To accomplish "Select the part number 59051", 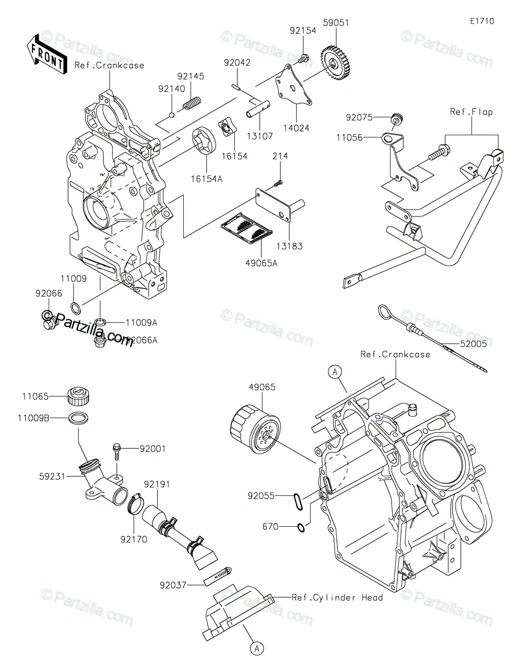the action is click(x=336, y=23).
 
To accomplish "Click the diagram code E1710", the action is click(x=482, y=21).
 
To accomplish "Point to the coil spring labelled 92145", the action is click(x=192, y=103).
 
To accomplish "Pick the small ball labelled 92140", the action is click(x=172, y=115).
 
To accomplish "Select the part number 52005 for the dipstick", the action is click(x=473, y=344).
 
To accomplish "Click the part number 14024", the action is click(x=296, y=128).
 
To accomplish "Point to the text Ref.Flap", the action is click(x=471, y=111).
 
